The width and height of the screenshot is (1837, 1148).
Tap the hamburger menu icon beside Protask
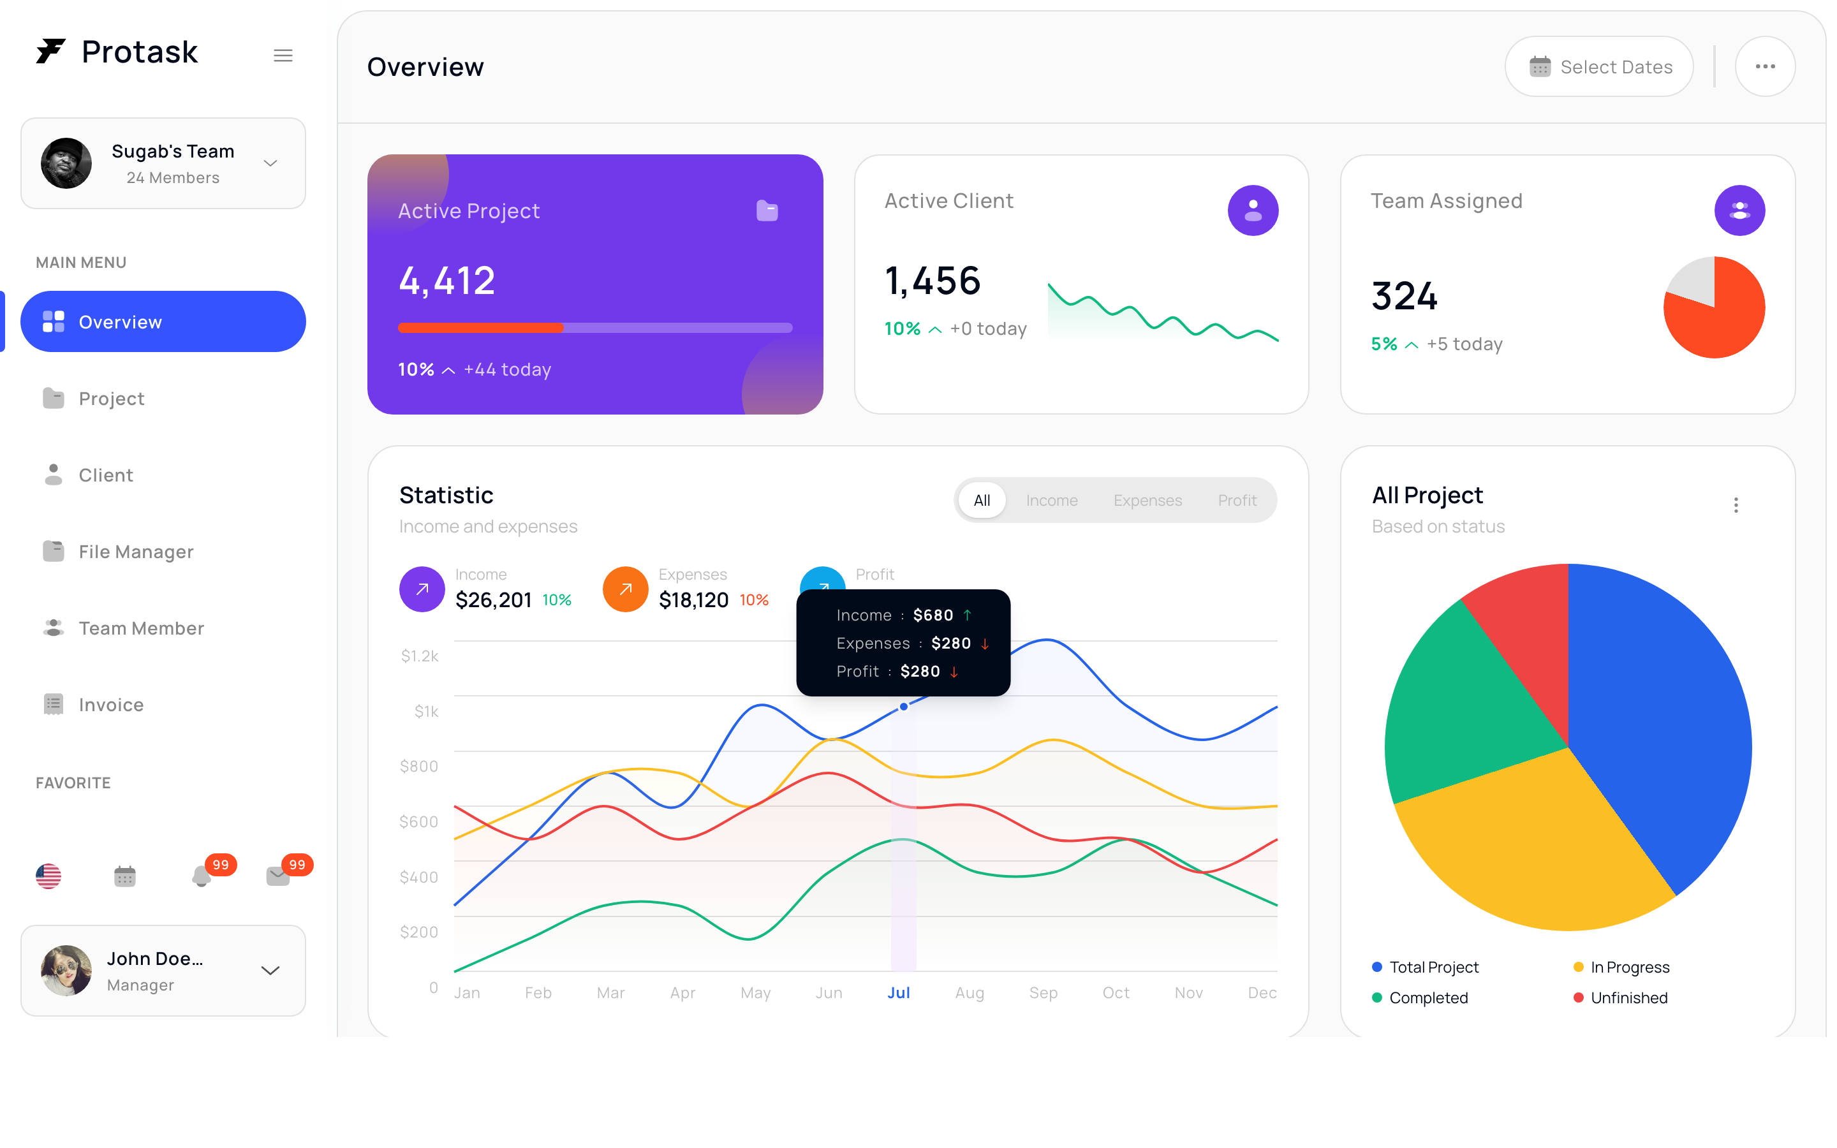pyautogui.click(x=283, y=55)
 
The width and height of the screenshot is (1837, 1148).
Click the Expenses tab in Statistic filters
pyautogui.click(x=1147, y=501)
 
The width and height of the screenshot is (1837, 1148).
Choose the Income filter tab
pyautogui.click(x=1051, y=501)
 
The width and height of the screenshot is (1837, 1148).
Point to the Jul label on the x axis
pyautogui.click(x=899, y=992)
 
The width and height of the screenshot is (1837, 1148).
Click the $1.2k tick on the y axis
pyautogui.click(x=420, y=656)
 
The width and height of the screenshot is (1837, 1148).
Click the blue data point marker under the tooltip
pyautogui.click(x=903, y=707)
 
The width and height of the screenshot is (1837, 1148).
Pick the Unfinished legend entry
pyautogui.click(x=1621, y=997)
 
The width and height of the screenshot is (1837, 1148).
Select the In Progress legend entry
pyautogui.click(x=1621, y=968)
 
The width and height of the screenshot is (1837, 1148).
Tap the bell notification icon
pyautogui.click(x=201, y=876)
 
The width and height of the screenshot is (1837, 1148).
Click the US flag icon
pyautogui.click(x=48, y=876)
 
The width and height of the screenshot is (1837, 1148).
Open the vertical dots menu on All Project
pyautogui.click(x=1736, y=506)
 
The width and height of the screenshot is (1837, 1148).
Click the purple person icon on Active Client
pyautogui.click(x=1253, y=210)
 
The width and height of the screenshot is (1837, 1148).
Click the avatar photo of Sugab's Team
pyautogui.click(x=66, y=163)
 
